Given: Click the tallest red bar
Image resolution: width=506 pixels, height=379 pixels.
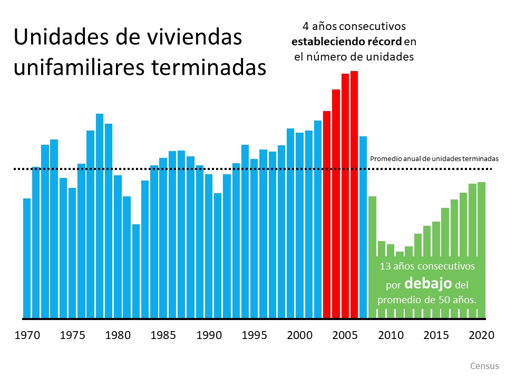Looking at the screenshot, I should tap(354, 195).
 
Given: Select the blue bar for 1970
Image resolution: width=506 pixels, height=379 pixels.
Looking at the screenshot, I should tap(27, 258).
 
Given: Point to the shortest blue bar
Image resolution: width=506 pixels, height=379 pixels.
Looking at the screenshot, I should tap(136, 271).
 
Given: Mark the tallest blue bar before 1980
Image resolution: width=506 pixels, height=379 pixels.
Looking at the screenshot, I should tap(100, 216).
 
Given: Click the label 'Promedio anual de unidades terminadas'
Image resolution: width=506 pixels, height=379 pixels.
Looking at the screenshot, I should tap(434, 158).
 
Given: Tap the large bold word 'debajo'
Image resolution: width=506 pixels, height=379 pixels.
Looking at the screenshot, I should tap(428, 284).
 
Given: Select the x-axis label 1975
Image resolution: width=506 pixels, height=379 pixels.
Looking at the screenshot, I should tap(72, 335).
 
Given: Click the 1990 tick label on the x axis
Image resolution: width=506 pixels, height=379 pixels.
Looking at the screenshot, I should tap(209, 335).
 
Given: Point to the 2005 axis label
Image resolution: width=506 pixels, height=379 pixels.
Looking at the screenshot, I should tap(345, 335).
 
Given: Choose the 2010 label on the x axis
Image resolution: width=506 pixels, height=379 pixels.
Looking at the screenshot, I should tap(391, 335).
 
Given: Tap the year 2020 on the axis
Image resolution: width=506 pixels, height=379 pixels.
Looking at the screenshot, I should tap(481, 335).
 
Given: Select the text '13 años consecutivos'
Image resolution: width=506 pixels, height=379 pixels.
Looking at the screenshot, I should tap(427, 266).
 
